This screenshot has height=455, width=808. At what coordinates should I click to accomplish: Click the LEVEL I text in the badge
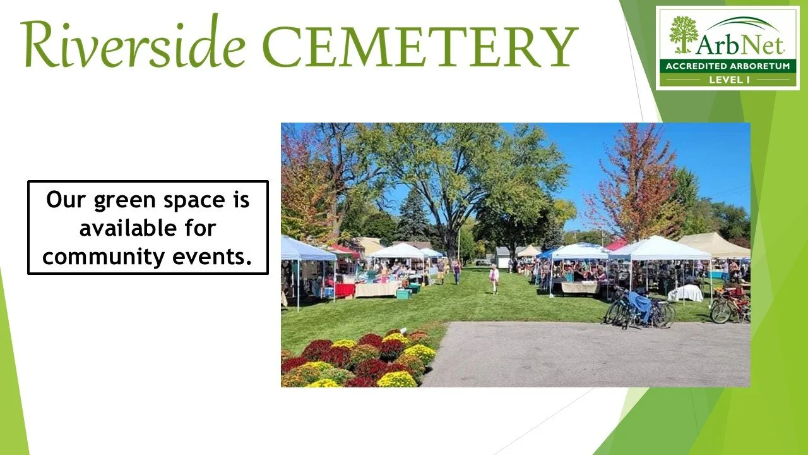(728, 80)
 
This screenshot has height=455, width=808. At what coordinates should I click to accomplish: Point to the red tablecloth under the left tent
(345, 290)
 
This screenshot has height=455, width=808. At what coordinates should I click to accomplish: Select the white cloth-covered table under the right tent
(685, 293)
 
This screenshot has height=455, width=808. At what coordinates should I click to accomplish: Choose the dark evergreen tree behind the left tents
(413, 217)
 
